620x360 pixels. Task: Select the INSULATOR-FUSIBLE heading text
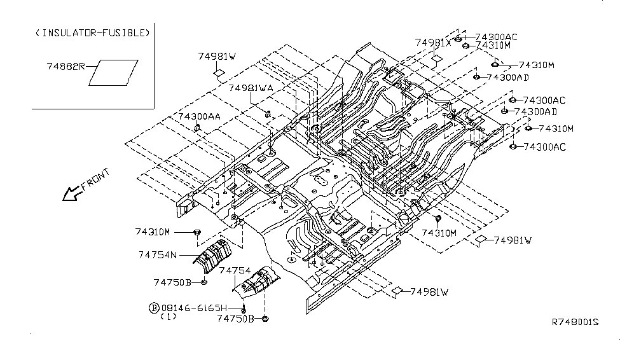(93, 32)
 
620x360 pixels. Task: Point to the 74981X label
(433, 43)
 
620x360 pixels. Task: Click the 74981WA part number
(251, 88)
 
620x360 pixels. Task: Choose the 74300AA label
(200, 116)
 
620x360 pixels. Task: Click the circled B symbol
(153, 307)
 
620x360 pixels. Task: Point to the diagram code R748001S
(574, 322)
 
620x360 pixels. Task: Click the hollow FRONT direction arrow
(71, 192)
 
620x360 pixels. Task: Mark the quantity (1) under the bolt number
(168, 316)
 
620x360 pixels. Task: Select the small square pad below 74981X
(436, 60)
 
